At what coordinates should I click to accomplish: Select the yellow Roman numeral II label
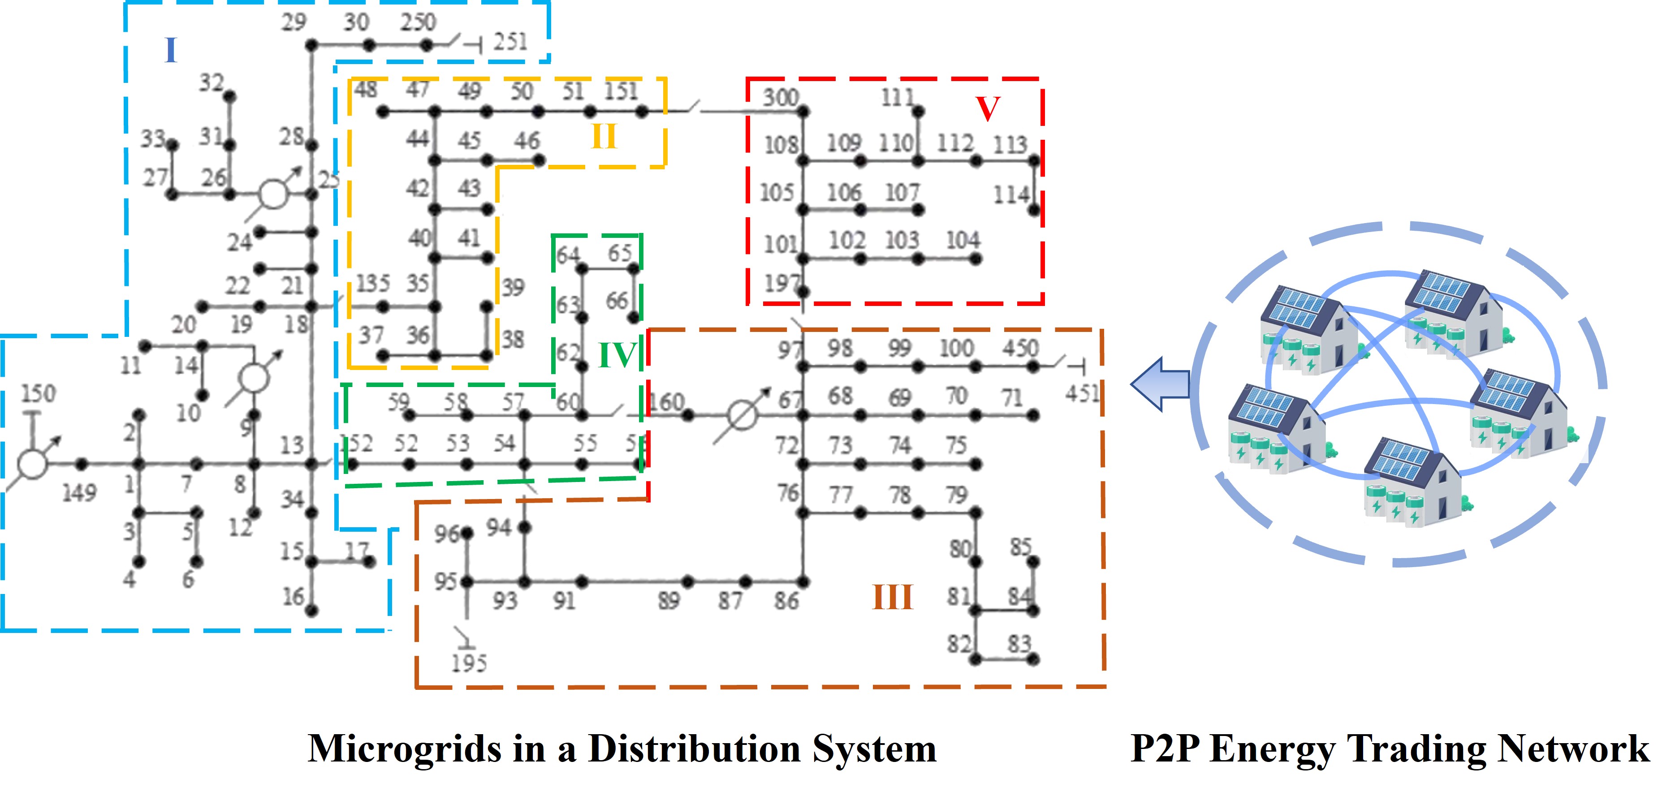pyautogui.click(x=604, y=137)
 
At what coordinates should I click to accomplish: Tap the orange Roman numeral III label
pyautogui.click(x=892, y=597)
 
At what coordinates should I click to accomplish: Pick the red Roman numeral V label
pyautogui.click(x=988, y=108)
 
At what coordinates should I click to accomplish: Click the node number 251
pyautogui.click(x=510, y=42)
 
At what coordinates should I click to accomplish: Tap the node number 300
pyautogui.click(x=780, y=98)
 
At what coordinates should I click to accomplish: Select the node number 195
pyautogui.click(x=469, y=663)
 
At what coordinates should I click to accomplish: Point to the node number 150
pyautogui.click(x=39, y=393)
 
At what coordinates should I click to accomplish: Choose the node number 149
pyautogui.click(x=79, y=493)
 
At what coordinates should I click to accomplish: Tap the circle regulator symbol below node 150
pyautogui.click(x=32, y=464)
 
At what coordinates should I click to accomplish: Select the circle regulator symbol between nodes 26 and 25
pyautogui.click(x=273, y=194)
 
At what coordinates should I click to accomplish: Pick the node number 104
pyautogui.click(x=963, y=241)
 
